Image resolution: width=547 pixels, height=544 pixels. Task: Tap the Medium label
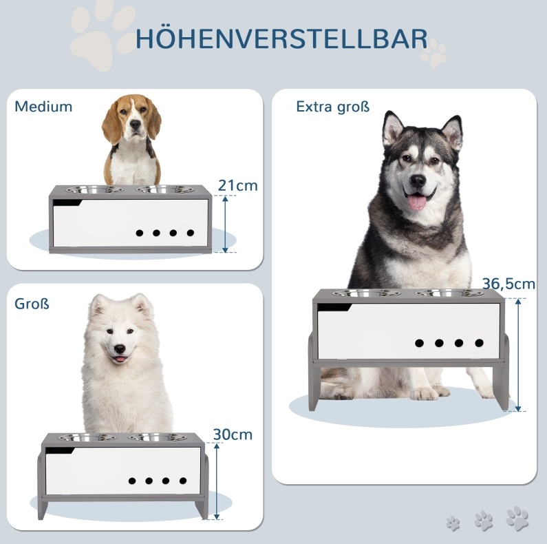[43, 107]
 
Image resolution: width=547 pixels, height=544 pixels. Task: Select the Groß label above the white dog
[32, 304]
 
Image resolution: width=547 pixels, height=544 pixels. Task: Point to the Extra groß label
[333, 107]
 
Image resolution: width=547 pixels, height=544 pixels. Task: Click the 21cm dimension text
[238, 185]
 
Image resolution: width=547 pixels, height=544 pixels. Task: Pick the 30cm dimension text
[233, 435]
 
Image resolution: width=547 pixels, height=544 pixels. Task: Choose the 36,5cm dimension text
[508, 284]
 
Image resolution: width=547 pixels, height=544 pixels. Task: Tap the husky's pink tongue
[417, 202]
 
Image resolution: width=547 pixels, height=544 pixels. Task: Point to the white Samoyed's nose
[120, 348]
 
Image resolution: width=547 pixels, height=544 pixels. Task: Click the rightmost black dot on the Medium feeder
[190, 233]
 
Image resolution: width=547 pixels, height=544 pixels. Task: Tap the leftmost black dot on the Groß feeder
[132, 481]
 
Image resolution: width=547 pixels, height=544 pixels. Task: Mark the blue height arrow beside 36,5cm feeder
[518, 355]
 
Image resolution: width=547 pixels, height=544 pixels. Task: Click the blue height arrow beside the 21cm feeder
[225, 224]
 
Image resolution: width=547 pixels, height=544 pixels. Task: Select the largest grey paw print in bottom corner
[517, 518]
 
